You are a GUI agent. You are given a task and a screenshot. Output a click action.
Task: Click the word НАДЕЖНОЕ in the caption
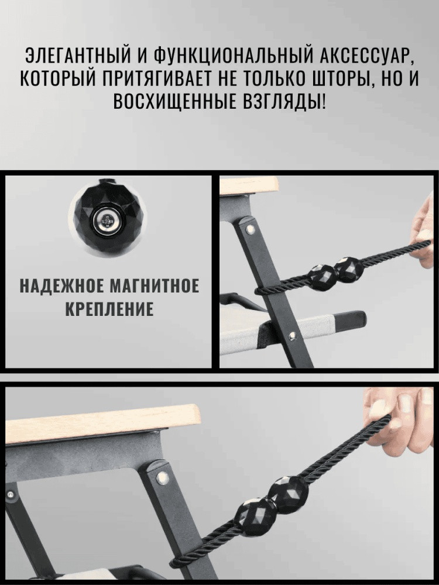(61, 288)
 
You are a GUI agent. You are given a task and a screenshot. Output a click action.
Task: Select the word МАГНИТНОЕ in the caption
(155, 288)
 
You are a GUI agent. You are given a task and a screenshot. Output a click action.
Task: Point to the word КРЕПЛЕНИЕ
(109, 309)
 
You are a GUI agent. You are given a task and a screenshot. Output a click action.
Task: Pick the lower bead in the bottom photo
(255, 517)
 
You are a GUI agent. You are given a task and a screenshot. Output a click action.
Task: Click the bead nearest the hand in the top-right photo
(348, 267)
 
